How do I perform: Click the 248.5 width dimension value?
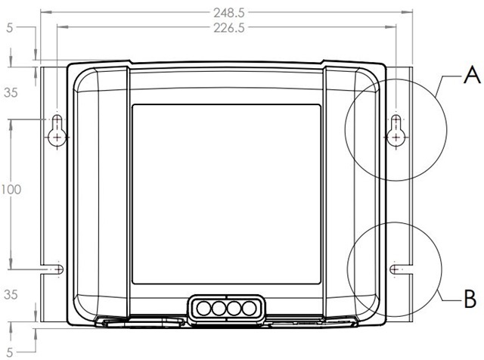tap(229, 13)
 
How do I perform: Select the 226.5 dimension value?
tap(229, 28)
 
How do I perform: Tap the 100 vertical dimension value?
tap(11, 189)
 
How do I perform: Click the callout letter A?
tap(472, 76)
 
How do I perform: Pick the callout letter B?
tap(470, 299)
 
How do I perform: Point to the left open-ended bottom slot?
tap(52, 269)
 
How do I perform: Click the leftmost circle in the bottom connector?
tap(203, 308)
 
